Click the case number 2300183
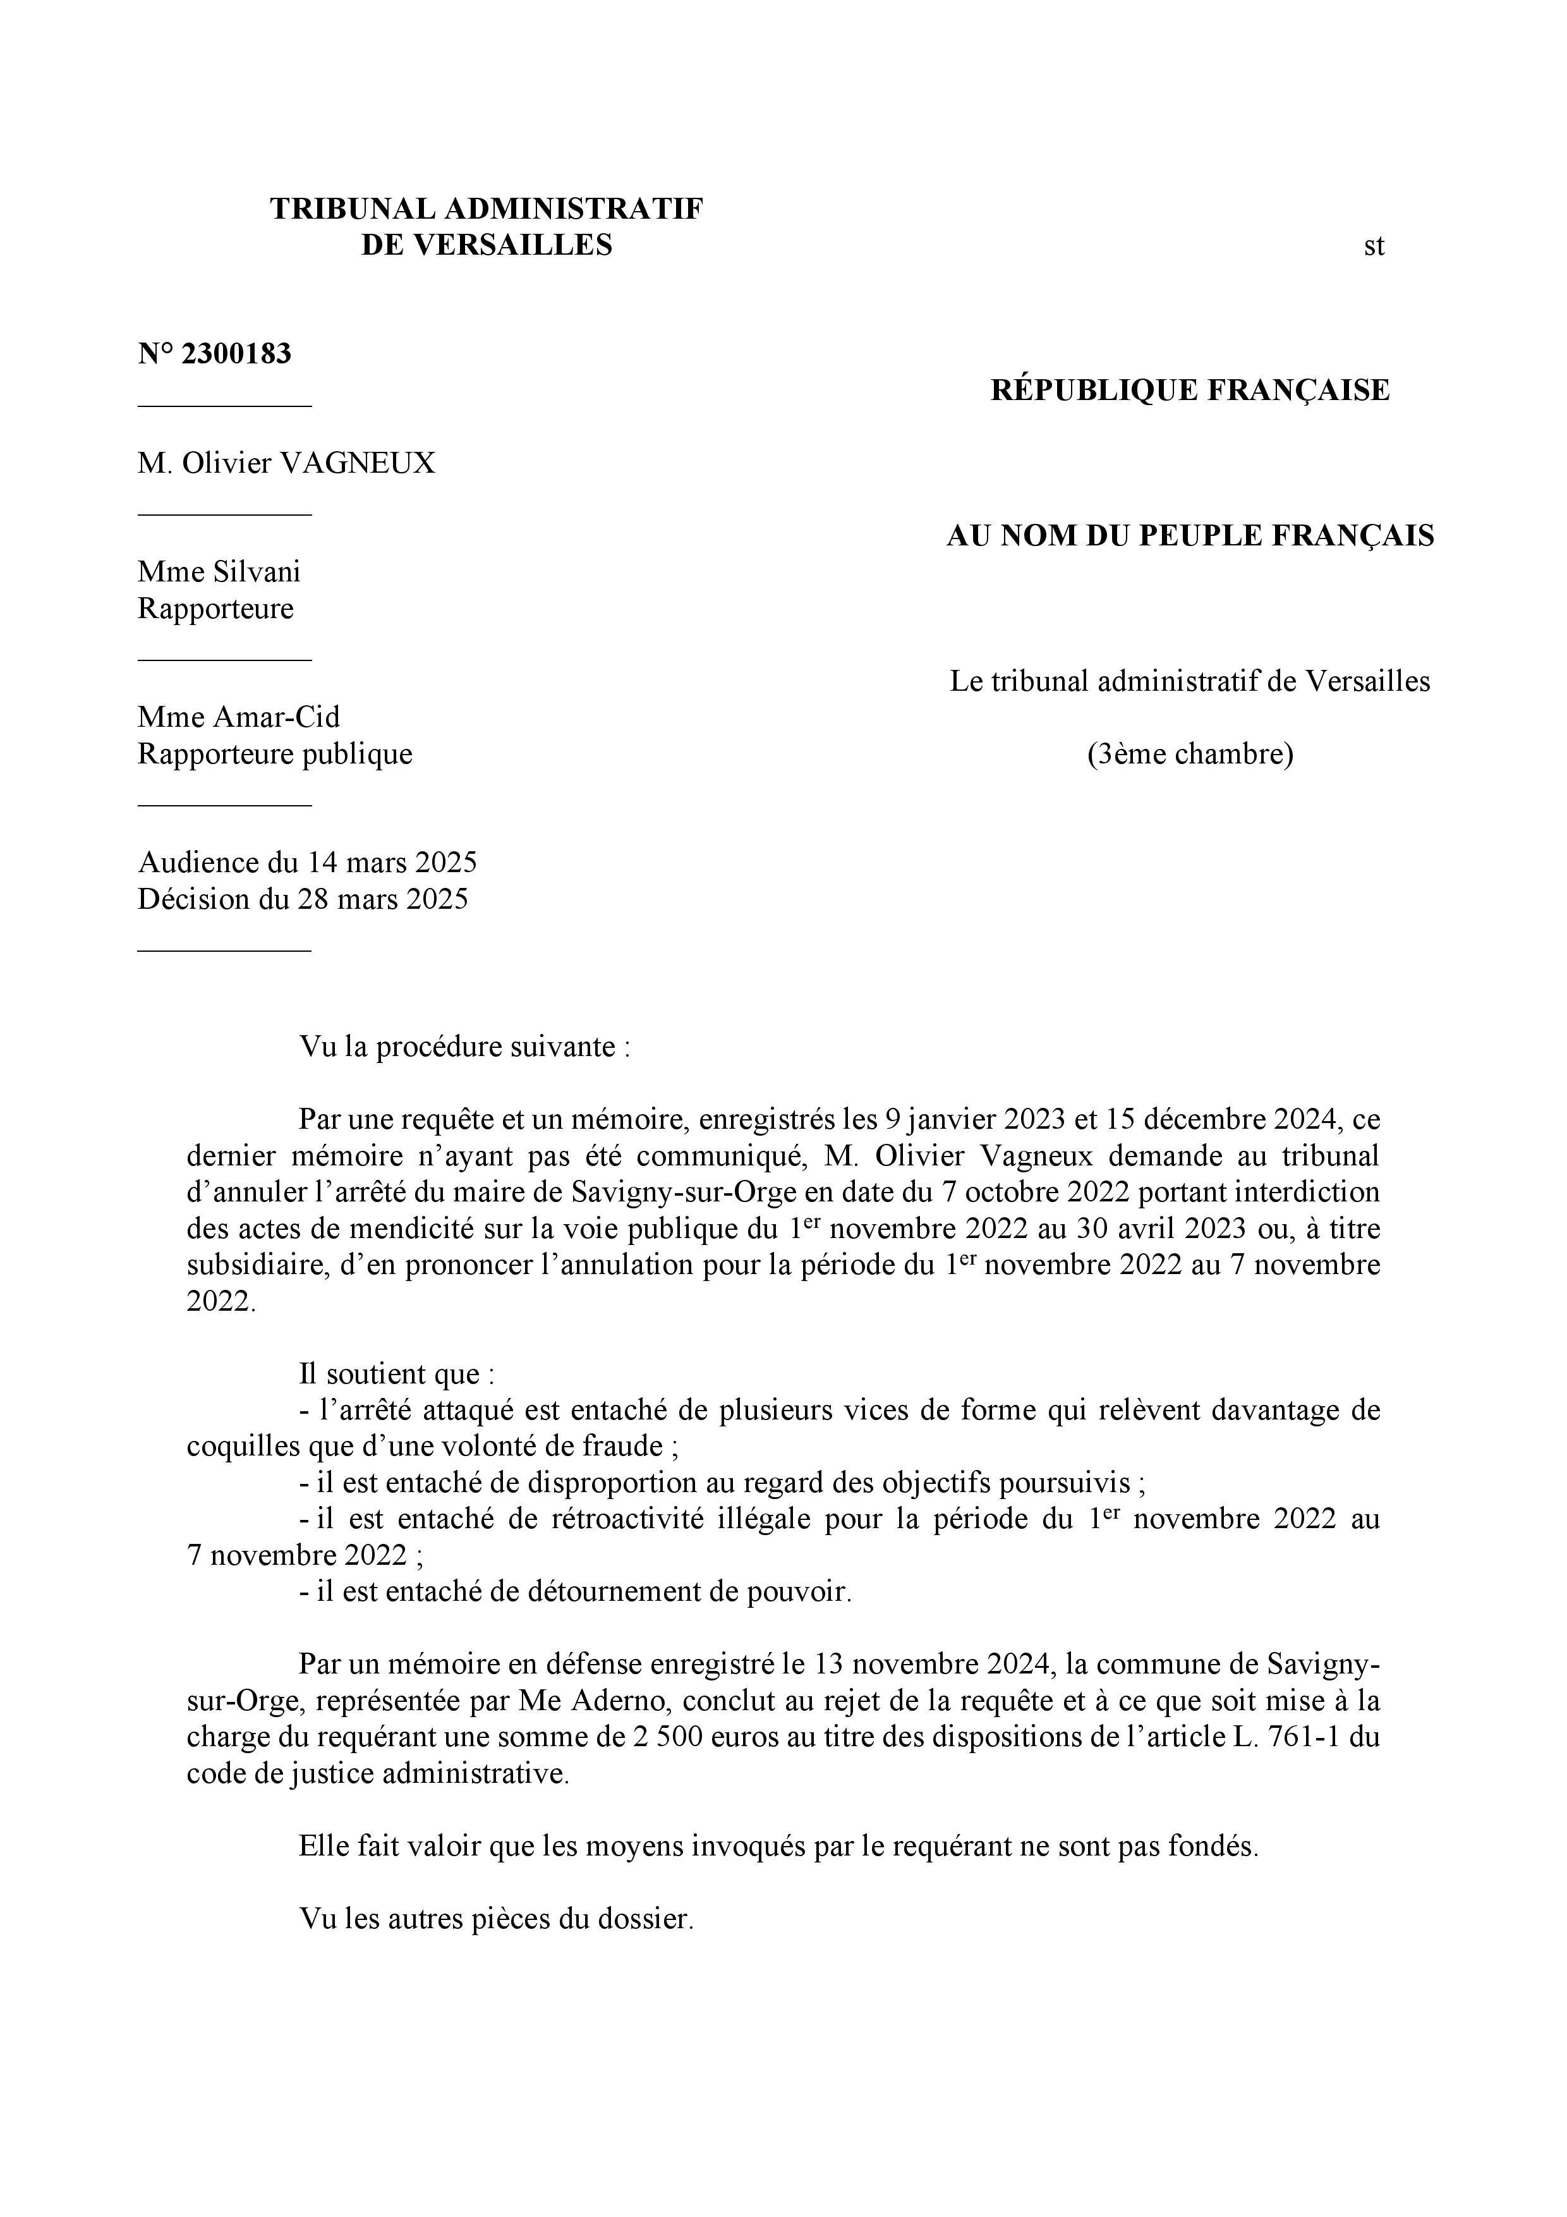point(236,355)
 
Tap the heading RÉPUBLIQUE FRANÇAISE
point(1190,390)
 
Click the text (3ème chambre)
point(1190,753)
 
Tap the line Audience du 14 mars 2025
point(307,862)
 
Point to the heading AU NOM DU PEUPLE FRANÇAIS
point(1190,536)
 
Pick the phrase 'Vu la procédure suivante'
point(463,1047)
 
